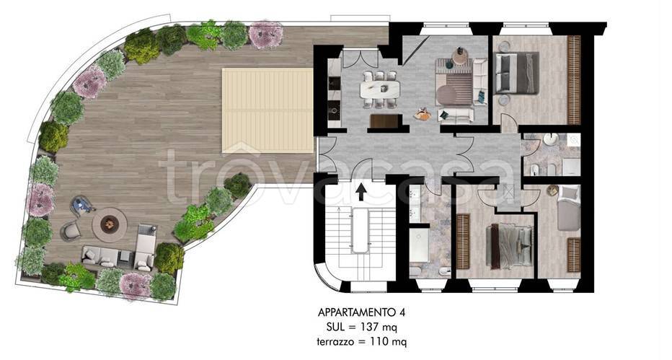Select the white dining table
[x=380, y=89]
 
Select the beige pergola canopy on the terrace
[x=268, y=110]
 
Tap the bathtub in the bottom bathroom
[x=419, y=245]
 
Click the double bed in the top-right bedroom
[x=517, y=73]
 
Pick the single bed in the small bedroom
[x=568, y=208]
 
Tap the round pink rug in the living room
[x=448, y=95]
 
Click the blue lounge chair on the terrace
[x=83, y=206]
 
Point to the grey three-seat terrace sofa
[x=99, y=255]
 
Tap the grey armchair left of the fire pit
[x=71, y=232]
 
